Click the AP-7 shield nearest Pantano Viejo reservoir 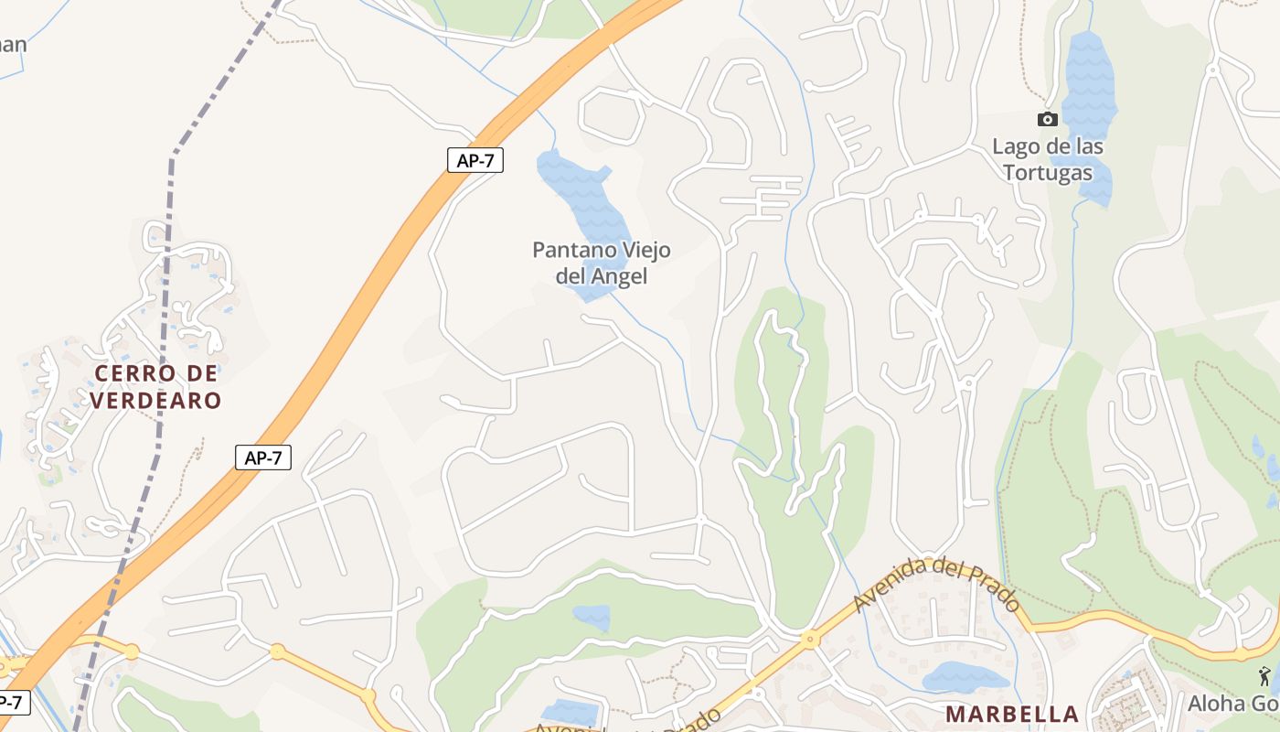click(x=475, y=160)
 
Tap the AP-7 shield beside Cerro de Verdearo click(x=263, y=457)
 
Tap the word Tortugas click(x=1048, y=173)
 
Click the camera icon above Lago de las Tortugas click(x=1048, y=119)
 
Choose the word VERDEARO click(x=155, y=400)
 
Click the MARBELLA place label click(x=1012, y=714)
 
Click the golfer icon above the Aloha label click(x=1265, y=676)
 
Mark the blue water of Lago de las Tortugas click(x=1089, y=82)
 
